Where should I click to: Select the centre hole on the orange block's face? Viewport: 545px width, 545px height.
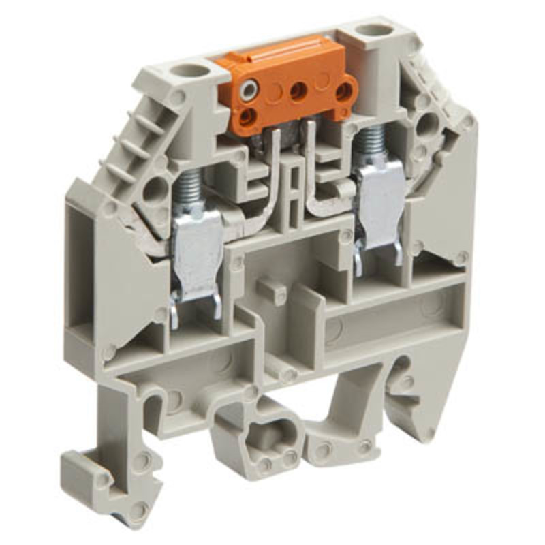(298, 91)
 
